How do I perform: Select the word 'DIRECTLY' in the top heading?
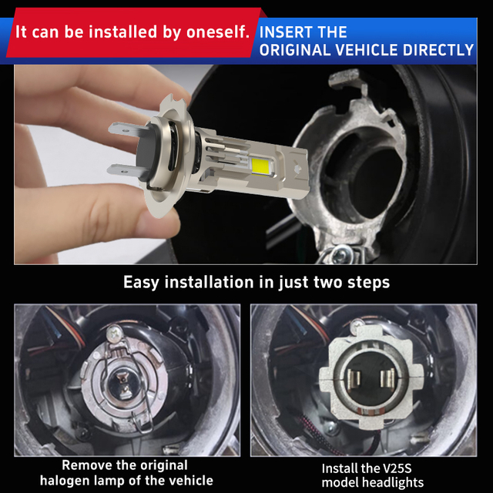[438, 50]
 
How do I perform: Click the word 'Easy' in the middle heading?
[141, 283]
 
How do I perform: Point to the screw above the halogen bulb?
[113, 332]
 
